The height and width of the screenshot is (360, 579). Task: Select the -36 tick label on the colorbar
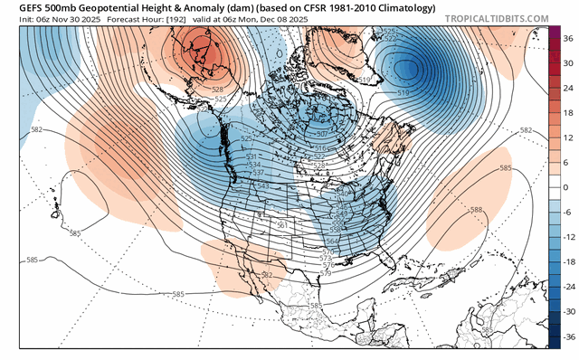click(567, 335)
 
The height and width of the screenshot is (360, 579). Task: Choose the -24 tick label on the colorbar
click(567, 286)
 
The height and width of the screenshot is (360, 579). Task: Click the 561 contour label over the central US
click(282, 224)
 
